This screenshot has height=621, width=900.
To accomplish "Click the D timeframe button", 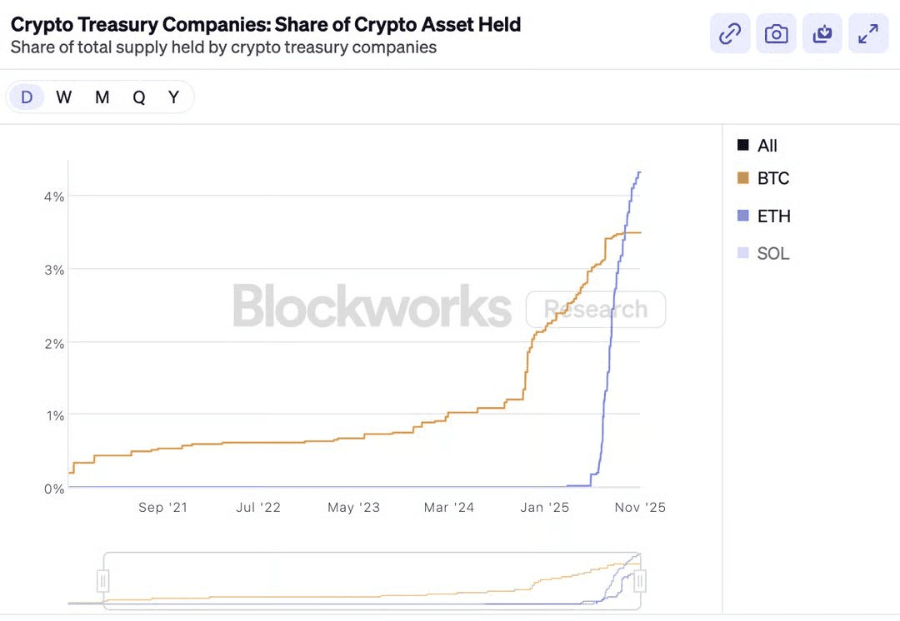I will pyautogui.click(x=27, y=97).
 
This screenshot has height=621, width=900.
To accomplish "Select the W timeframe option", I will pyautogui.click(x=64, y=97).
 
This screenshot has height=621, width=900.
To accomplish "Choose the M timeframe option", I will pyautogui.click(x=102, y=97).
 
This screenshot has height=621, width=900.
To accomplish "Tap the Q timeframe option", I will pyautogui.click(x=138, y=97).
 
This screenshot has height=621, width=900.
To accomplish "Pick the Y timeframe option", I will pyautogui.click(x=173, y=97).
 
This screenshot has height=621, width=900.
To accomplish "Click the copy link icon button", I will pyautogui.click(x=730, y=34).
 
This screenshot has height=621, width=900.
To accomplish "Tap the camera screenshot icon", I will pyautogui.click(x=776, y=34).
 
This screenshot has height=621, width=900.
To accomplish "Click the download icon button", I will pyautogui.click(x=822, y=34).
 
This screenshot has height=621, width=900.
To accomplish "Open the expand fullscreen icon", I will pyautogui.click(x=868, y=34).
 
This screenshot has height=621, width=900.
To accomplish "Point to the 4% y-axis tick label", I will pyautogui.click(x=54, y=196).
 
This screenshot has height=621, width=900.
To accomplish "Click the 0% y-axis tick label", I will pyautogui.click(x=54, y=489).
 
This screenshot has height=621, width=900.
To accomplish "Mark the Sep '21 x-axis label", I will pyautogui.click(x=162, y=507).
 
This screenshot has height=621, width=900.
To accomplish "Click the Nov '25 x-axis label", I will pyautogui.click(x=640, y=507).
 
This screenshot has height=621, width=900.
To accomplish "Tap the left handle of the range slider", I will pyautogui.click(x=103, y=579).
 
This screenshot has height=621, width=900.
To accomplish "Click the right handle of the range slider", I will pyautogui.click(x=640, y=579).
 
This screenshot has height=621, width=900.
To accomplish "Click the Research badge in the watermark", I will pyautogui.click(x=596, y=310).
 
